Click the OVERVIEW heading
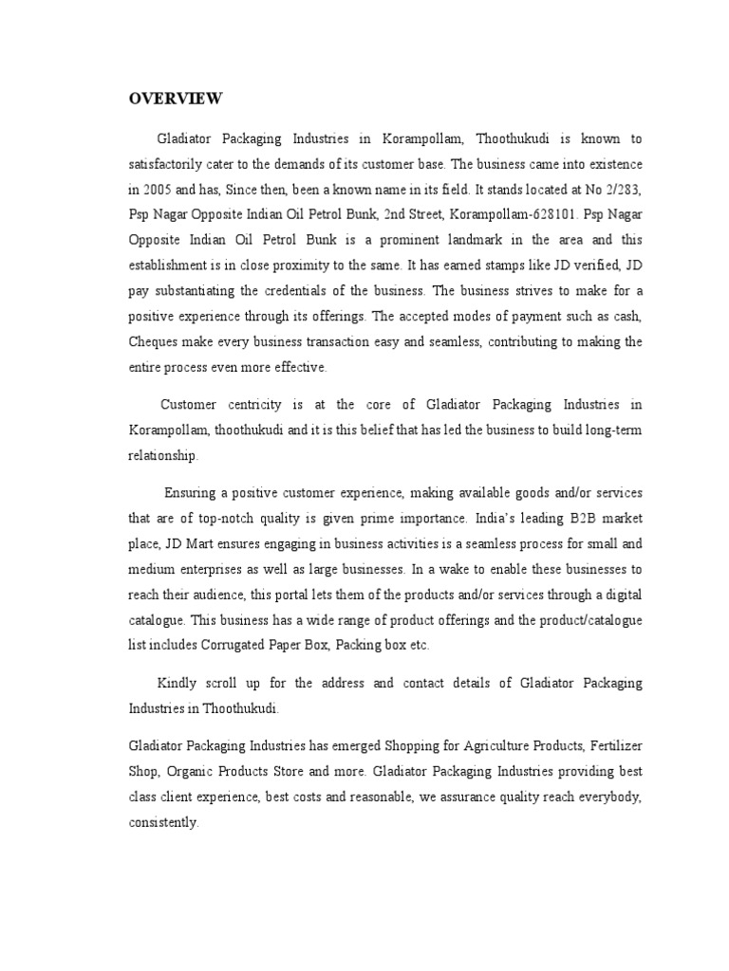176,99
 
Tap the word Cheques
155,340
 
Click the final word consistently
163,822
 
